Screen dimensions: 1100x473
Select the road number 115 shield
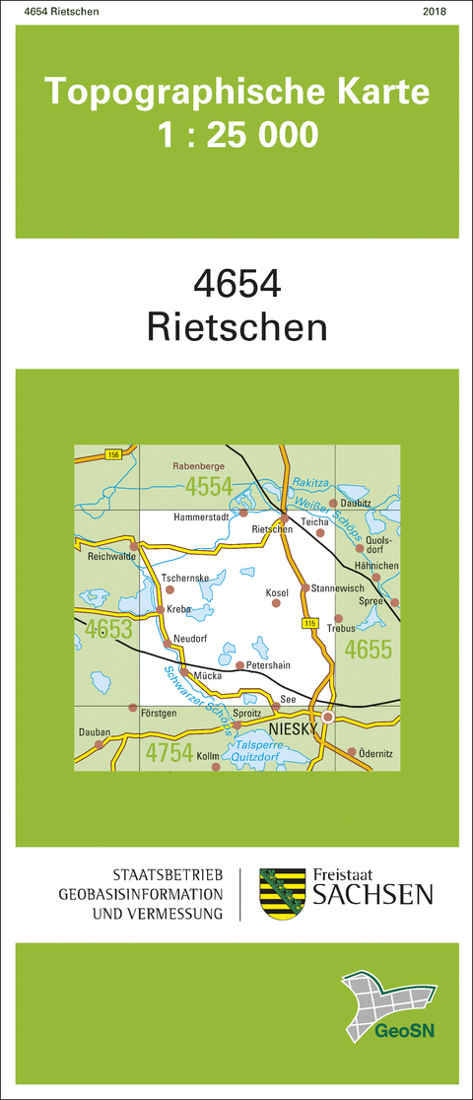click(x=309, y=623)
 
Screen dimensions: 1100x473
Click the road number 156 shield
click(x=114, y=454)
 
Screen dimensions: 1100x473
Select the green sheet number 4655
click(x=369, y=649)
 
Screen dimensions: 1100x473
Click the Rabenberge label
click(x=200, y=458)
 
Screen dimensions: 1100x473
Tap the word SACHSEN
click(x=372, y=895)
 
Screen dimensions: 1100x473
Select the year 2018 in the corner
click(x=434, y=12)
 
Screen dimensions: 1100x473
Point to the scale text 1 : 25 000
click(x=237, y=134)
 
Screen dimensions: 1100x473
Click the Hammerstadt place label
click(x=201, y=516)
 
